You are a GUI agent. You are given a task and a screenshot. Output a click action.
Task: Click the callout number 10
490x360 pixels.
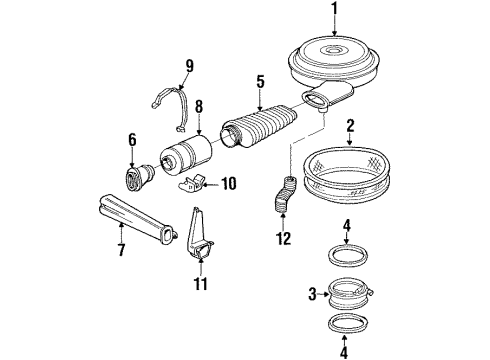(x=230, y=183)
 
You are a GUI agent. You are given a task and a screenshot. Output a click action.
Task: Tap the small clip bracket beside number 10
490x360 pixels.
(x=197, y=182)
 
